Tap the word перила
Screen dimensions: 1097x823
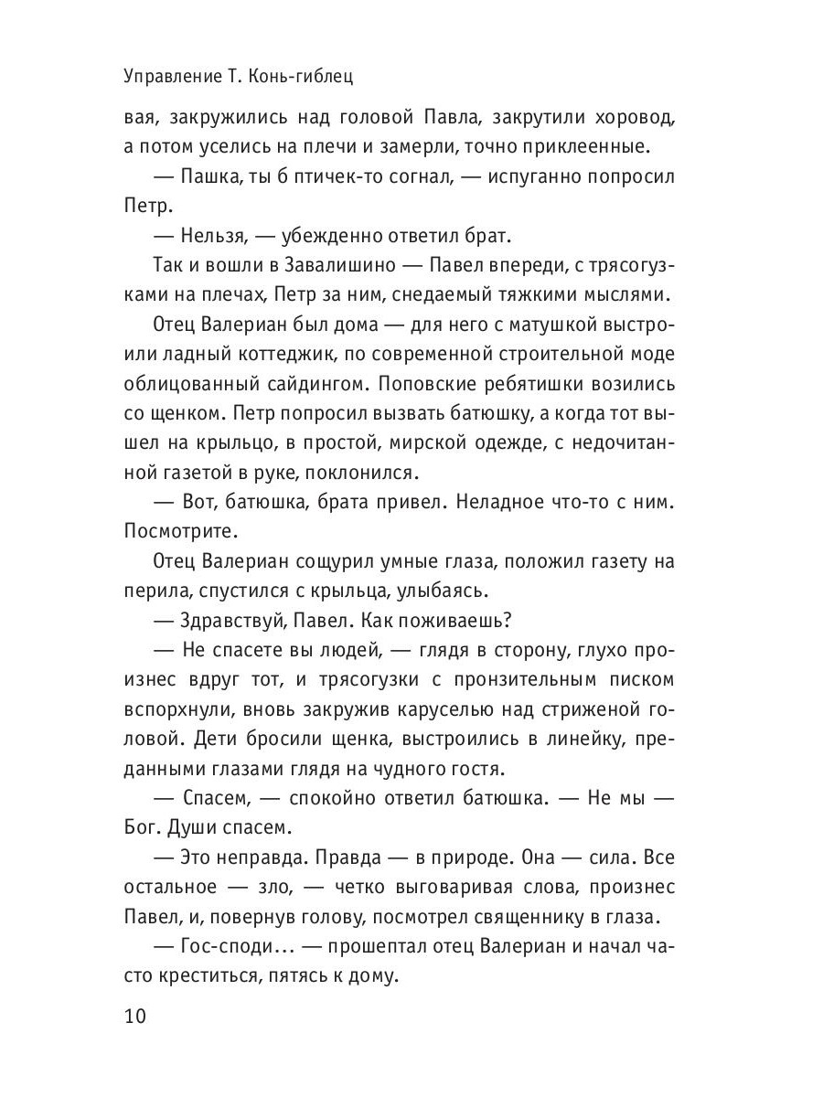point(151,592)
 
